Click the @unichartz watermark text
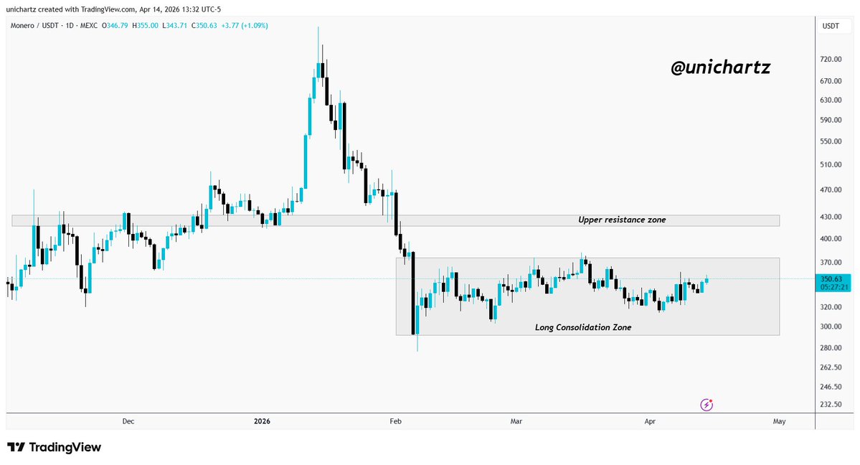720,68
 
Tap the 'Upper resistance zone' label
622,220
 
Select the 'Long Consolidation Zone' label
583,327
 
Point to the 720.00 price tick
831,60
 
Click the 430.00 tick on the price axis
831,217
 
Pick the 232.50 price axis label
831,405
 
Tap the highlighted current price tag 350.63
831,279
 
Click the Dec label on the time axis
128,421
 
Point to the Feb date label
395,421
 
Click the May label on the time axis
780,421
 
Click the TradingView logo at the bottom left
55,448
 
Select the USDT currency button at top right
831,26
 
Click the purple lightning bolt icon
707,405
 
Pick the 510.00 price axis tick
831,164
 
